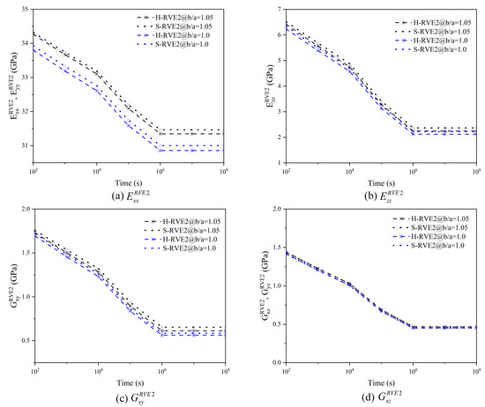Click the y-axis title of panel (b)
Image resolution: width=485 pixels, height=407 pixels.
click(x=261, y=88)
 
